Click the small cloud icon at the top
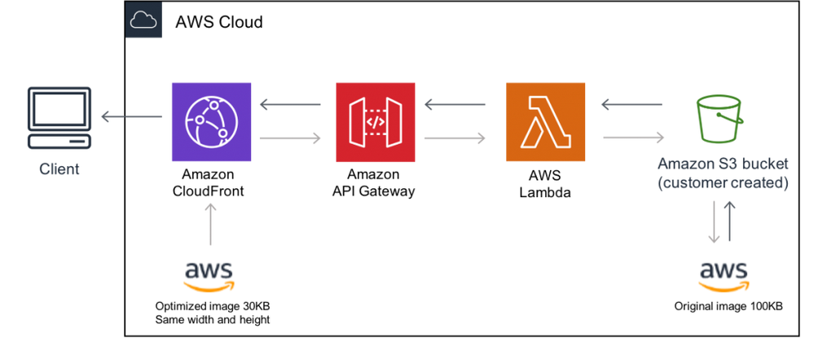point(144,21)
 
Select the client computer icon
point(59,117)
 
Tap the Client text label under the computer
point(59,171)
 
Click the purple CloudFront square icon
point(211,121)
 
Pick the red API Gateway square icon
point(375,121)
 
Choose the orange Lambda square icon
point(545,121)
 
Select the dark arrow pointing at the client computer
point(130,116)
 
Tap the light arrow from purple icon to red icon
point(290,138)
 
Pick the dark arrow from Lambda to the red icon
point(454,104)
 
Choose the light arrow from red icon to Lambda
point(455,138)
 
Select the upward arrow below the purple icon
point(211,224)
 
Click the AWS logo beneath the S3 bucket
point(724,275)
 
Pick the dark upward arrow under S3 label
point(730,221)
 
